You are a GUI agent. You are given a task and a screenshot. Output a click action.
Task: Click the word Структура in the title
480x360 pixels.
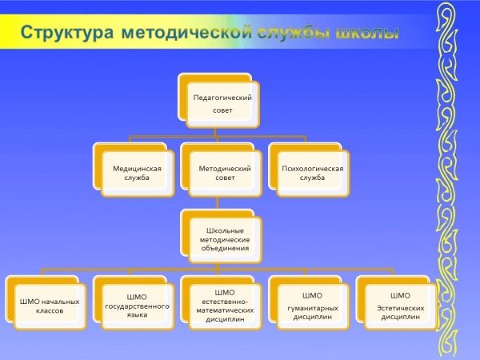[66, 33]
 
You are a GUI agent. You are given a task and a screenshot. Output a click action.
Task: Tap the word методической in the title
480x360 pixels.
[186, 33]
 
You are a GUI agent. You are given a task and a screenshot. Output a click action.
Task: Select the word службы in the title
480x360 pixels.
[294, 33]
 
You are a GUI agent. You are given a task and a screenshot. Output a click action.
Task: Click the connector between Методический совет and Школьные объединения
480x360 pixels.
[218, 203]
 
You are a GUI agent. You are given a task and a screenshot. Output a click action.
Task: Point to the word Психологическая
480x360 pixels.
[313, 169]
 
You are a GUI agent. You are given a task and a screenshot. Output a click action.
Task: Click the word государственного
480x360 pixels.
[137, 306]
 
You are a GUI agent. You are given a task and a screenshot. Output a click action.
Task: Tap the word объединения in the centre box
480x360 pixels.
[225, 248]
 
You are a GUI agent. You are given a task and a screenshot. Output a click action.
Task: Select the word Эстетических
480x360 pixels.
[401, 308]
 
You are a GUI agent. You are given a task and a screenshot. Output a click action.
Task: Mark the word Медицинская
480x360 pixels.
[137, 169]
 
